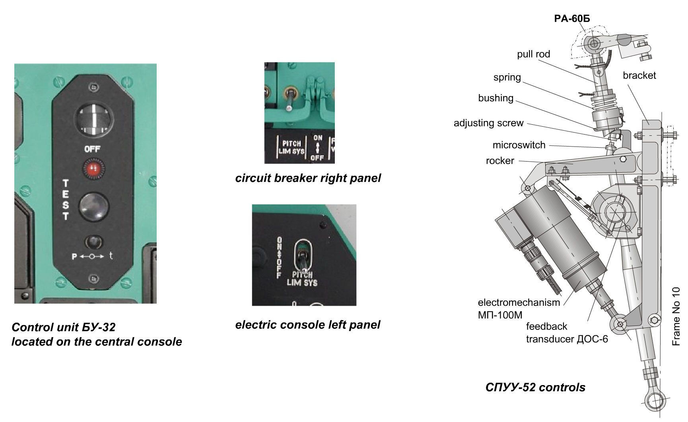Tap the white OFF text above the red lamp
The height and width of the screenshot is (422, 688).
[92, 149]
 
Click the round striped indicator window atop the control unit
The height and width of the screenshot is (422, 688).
[94, 119]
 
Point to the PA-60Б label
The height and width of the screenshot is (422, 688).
[572, 19]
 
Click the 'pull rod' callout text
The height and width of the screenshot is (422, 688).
[533, 54]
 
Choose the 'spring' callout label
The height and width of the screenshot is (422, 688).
[507, 77]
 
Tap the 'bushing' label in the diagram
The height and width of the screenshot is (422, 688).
[496, 98]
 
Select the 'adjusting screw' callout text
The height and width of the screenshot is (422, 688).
[488, 123]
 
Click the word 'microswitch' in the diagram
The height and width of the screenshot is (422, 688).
[519, 145]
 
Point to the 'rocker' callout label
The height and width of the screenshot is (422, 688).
[500, 161]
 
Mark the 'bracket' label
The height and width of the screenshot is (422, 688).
[639, 75]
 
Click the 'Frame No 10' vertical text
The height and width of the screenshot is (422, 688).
[676, 316]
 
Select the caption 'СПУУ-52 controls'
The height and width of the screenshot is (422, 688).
[535, 387]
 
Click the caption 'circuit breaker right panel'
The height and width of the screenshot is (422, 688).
[308, 178]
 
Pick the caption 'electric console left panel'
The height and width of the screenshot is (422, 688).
[307, 325]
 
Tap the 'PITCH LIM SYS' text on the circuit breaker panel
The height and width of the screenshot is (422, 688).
[292, 147]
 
